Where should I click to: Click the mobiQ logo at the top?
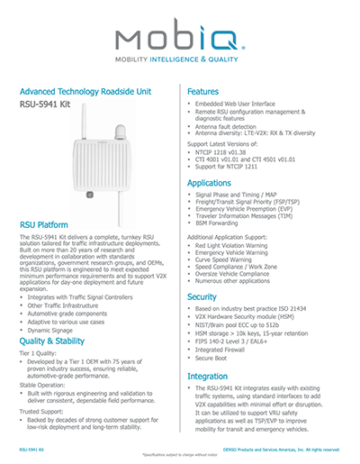(179, 38)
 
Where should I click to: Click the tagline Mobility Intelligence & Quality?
(179, 65)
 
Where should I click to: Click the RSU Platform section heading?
(49, 223)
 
